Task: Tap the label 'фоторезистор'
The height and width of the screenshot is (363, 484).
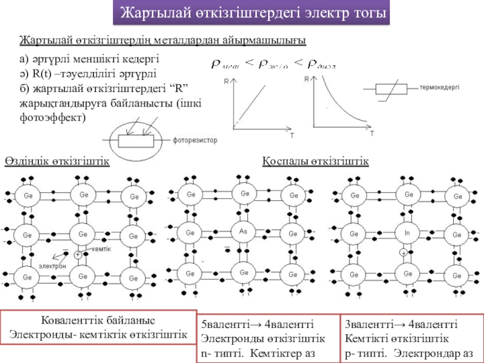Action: [195, 140]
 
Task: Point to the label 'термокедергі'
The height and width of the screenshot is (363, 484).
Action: [439, 87]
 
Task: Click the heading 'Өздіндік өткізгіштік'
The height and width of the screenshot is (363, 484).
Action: [57, 162]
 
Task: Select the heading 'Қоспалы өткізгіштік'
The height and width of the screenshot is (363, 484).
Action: [315, 162]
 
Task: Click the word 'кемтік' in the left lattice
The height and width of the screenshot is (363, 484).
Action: [102, 249]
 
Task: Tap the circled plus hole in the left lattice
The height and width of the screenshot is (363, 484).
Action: [78, 255]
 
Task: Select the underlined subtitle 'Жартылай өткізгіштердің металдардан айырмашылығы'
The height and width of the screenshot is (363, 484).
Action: [163, 40]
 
